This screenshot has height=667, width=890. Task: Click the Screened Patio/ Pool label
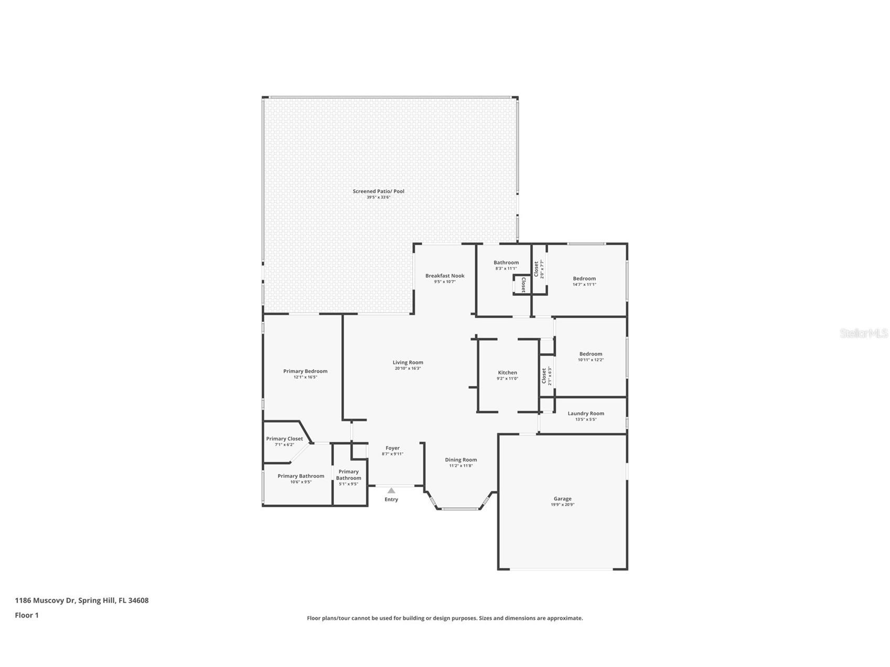click(x=378, y=191)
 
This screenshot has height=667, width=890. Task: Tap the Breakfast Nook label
click(x=444, y=276)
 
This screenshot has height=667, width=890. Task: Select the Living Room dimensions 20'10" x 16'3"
click(x=408, y=369)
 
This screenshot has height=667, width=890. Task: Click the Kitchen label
click(x=507, y=373)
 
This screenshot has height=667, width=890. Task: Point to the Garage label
click(x=562, y=499)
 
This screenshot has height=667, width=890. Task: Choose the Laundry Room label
click(x=585, y=413)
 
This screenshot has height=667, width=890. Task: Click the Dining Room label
click(x=460, y=460)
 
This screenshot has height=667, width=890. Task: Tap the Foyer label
click(x=392, y=448)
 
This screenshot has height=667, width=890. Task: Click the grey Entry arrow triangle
click(x=391, y=491)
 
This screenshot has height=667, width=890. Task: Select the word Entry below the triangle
click(x=391, y=500)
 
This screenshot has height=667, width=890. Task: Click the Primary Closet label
click(x=284, y=439)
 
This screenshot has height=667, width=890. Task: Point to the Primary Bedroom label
click(x=305, y=371)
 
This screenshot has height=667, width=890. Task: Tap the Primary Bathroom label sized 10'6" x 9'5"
click(x=301, y=476)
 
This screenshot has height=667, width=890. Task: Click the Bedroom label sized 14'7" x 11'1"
click(x=584, y=278)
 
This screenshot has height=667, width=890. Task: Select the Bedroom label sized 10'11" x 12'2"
click(x=591, y=354)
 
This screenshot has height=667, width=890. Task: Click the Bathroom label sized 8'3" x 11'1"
click(x=506, y=263)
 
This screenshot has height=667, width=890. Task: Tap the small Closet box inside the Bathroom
click(x=522, y=284)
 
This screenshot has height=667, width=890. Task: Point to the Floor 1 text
click(x=27, y=616)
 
